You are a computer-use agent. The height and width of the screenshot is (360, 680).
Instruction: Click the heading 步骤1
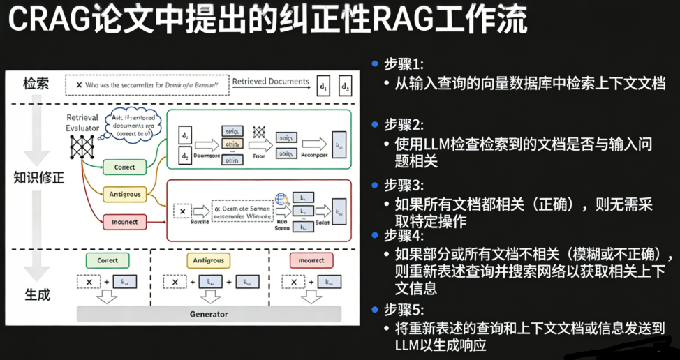click(404, 63)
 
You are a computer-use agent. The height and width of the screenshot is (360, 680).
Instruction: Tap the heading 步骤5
click(404, 309)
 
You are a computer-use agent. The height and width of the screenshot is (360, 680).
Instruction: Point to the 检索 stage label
click(36, 84)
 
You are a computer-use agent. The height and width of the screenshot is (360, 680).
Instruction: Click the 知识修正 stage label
click(39, 177)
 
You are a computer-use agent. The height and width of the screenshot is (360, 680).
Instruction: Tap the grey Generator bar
click(209, 314)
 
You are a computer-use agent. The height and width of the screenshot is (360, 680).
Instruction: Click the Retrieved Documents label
click(271, 82)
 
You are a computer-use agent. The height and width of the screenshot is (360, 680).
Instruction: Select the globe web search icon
click(281, 199)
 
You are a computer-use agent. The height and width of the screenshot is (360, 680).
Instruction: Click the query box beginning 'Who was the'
click(147, 84)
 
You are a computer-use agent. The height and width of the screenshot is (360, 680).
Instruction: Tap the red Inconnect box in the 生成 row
click(311, 260)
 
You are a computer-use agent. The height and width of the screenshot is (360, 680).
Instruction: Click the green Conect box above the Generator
click(108, 260)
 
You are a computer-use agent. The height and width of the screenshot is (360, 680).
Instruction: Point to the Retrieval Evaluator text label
click(82, 123)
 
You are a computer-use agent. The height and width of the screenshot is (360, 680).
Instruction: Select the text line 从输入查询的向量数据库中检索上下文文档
click(531, 83)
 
